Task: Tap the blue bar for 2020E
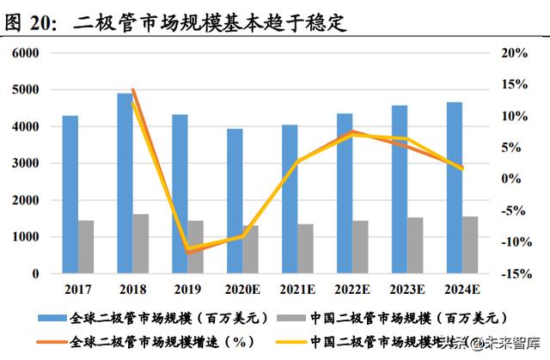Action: click(235, 201)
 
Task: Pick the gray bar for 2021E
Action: click(306, 248)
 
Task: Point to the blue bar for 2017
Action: click(70, 194)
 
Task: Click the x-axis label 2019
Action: click(187, 290)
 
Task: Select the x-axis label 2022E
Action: click(352, 290)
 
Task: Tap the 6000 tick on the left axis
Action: click(26, 53)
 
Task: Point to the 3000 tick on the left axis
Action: click(26, 163)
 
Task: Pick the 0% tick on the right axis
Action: click(516, 179)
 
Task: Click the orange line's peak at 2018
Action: click(132, 89)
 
